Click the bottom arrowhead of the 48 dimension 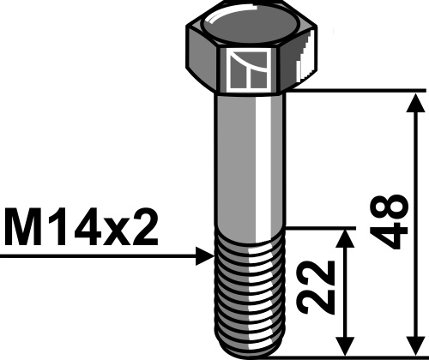416,346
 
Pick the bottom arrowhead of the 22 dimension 346,346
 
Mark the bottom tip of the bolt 249,352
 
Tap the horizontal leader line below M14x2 94,255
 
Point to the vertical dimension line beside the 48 416,171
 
